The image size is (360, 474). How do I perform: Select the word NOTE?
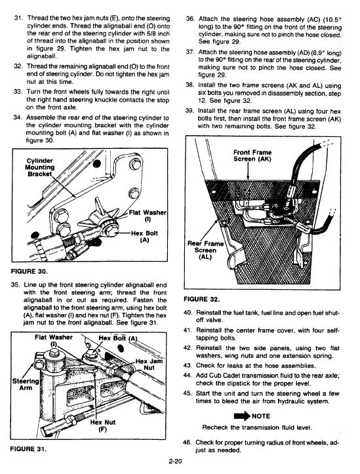click(x=262, y=415)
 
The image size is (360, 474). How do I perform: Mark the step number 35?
click(x=16, y=285)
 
